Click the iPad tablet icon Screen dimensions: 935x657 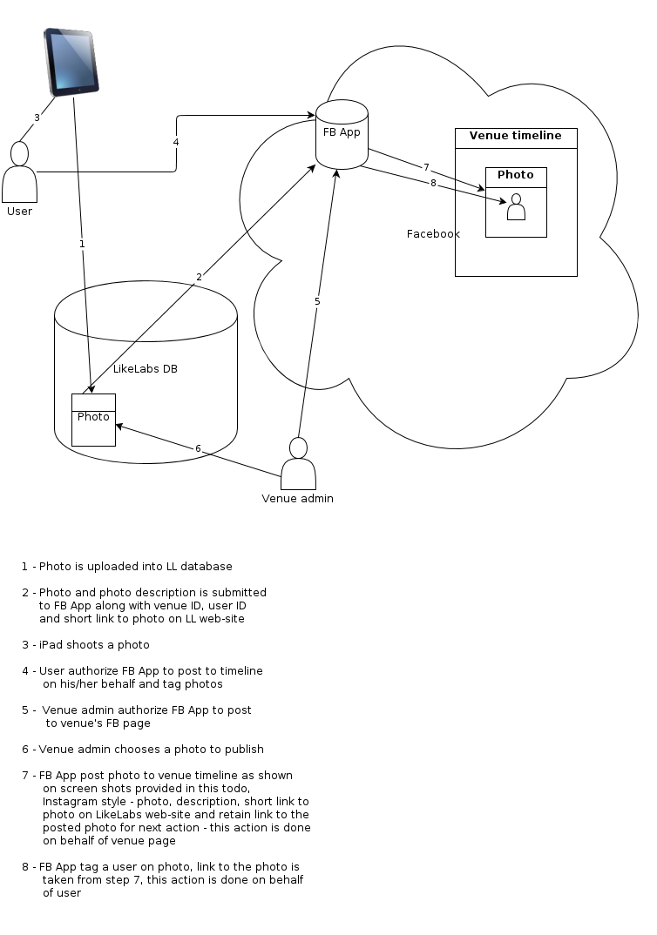(71, 60)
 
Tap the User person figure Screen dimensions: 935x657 (19, 174)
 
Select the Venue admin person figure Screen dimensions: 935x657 (298, 466)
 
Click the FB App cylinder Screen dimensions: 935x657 (342, 134)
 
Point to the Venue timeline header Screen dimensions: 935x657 (516, 137)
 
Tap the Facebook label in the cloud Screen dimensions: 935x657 (433, 234)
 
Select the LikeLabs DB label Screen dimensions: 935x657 (146, 369)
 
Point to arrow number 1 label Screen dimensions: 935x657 (82, 244)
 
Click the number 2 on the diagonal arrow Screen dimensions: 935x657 (199, 277)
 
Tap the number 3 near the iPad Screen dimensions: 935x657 (37, 118)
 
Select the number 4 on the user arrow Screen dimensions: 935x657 (176, 141)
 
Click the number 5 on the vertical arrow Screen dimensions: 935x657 (317, 301)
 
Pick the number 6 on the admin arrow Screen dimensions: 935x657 (198, 448)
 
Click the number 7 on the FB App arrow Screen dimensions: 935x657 (426, 167)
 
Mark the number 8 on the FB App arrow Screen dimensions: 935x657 (432, 183)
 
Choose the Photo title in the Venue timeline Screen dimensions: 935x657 (516, 175)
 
